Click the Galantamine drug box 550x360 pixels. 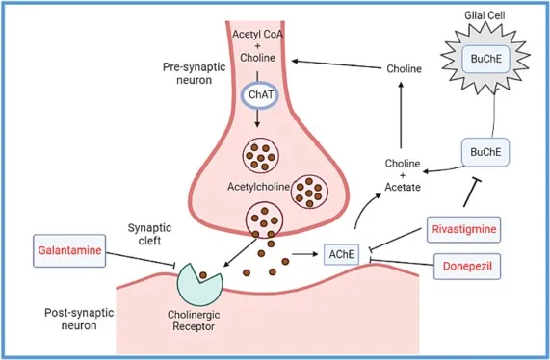pos(70,248)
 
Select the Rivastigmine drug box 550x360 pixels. pos(463,229)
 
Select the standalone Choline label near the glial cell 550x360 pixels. pos(404,70)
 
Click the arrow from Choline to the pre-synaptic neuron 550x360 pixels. pos(338,61)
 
